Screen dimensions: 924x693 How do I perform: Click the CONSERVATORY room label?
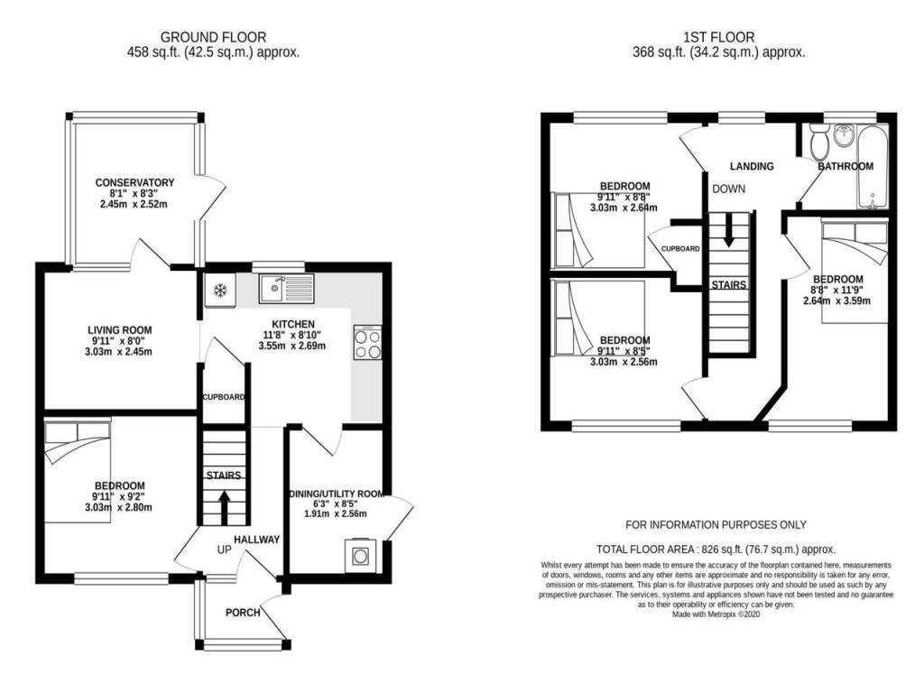(x=135, y=182)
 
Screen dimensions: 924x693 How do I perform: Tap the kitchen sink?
(x=286, y=288)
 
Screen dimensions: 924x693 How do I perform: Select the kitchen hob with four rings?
(x=368, y=342)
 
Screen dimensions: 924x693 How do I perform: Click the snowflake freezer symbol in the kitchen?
(x=220, y=290)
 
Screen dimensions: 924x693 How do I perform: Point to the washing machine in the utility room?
(x=360, y=555)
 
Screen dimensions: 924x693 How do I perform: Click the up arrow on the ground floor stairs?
(x=224, y=508)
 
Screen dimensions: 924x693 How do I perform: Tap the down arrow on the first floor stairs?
(x=728, y=230)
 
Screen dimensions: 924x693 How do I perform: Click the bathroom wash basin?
(x=844, y=135)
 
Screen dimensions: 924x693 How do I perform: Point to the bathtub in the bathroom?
(x=873, y=166)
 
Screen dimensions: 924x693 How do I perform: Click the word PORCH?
(x=243, y=613)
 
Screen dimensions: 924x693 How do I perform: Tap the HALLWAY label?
(x=257, y=540)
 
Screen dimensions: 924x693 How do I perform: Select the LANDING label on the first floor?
(x=752, y=166)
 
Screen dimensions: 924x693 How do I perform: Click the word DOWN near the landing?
(x=729, y=189)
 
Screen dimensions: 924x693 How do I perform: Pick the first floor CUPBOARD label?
(x=680, y=249)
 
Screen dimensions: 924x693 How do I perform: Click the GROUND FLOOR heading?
(x=213, y=38)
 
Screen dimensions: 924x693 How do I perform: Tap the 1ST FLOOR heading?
(x=719, y=38)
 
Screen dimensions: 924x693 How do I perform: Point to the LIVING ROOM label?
(x=120, y=330)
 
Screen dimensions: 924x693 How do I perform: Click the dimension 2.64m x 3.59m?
(x=836, y=300)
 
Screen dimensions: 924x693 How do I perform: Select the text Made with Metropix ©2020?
(x=716, y=614)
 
